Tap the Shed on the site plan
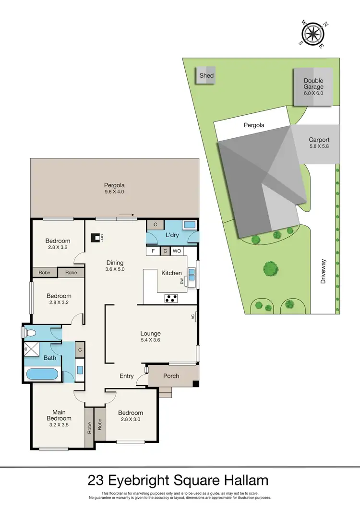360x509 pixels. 206,76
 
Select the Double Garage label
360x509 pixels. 313,87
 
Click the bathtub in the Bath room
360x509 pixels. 42,374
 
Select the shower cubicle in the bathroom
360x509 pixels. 33,350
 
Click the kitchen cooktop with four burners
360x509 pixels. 171,298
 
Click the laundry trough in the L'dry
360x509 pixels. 189,225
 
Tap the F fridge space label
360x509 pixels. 153,251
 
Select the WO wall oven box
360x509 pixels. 176,251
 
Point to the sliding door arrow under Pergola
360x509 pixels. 126,215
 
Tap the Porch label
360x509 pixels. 171,376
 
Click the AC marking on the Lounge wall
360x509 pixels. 192,316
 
